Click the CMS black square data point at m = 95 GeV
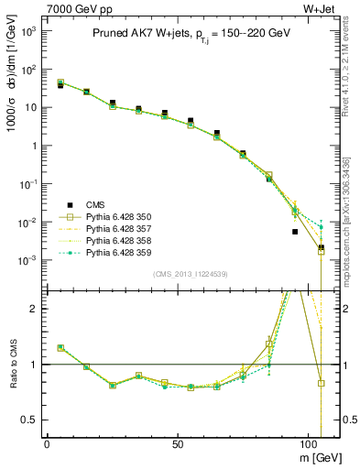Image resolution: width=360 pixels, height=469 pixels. click(x=295, y=232)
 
